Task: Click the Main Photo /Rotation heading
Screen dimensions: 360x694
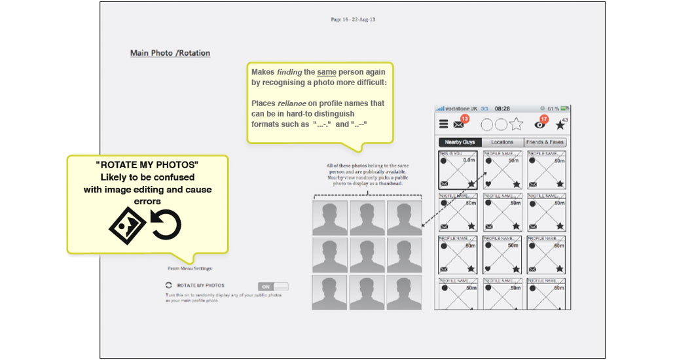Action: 170,53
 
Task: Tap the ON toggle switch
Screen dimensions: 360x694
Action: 273,286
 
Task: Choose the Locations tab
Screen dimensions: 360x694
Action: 502,142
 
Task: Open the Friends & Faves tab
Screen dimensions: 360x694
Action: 545,142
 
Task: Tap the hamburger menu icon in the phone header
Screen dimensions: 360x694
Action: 444,124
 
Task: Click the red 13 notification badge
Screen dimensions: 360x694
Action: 465,118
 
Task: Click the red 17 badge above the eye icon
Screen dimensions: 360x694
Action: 543,118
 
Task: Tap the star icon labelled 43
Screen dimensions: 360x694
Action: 560,125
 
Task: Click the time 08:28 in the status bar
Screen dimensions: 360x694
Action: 502,108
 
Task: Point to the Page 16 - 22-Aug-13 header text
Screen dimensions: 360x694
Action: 353,20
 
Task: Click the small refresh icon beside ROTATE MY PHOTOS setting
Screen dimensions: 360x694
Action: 169,285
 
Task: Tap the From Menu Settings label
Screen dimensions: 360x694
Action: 190,268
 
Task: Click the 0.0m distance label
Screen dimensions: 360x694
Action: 469,160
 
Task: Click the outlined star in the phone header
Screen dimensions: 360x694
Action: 516,124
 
